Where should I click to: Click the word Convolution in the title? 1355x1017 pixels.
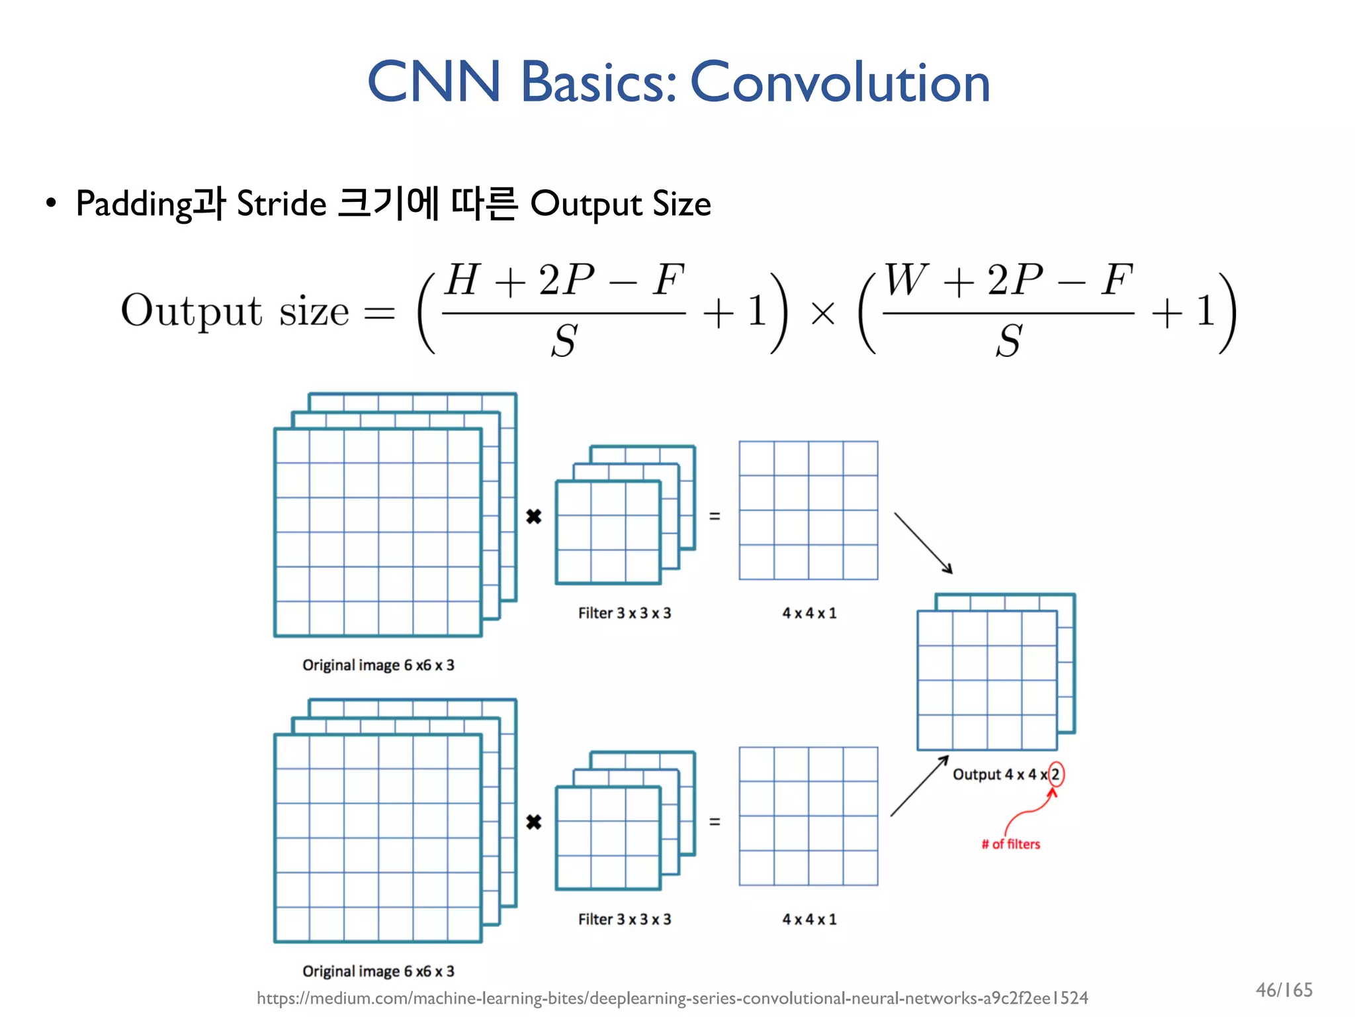tap(840, 83)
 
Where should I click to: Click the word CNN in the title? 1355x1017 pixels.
tap(434, 83)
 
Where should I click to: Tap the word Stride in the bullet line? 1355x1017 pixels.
tap(281, 203)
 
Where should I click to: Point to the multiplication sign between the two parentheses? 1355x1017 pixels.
tap(822, 313)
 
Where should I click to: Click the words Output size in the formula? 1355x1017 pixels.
tap(235, 311)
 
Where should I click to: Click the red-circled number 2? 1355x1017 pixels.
tap(1056, 774)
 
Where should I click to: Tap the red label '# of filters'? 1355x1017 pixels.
tap(1010, 844)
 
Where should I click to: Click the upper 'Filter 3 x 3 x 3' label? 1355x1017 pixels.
tap(624, 613)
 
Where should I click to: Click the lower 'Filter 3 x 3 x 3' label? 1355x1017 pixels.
tap(624, 919)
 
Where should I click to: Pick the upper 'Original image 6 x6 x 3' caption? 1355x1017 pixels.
tap(378, 665)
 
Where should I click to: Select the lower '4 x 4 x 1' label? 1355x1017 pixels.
tap(809, 919)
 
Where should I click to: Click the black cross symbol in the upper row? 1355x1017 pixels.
tap(534, 516)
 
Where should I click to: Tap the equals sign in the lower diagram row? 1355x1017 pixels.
tap(715, 822)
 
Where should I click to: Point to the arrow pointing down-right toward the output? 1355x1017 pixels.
tap(924, 542)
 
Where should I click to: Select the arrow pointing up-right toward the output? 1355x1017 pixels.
tap(919, 786)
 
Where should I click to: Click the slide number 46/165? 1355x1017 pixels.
tap(1284, 990)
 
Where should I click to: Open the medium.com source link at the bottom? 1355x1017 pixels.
tap(672, 998)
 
